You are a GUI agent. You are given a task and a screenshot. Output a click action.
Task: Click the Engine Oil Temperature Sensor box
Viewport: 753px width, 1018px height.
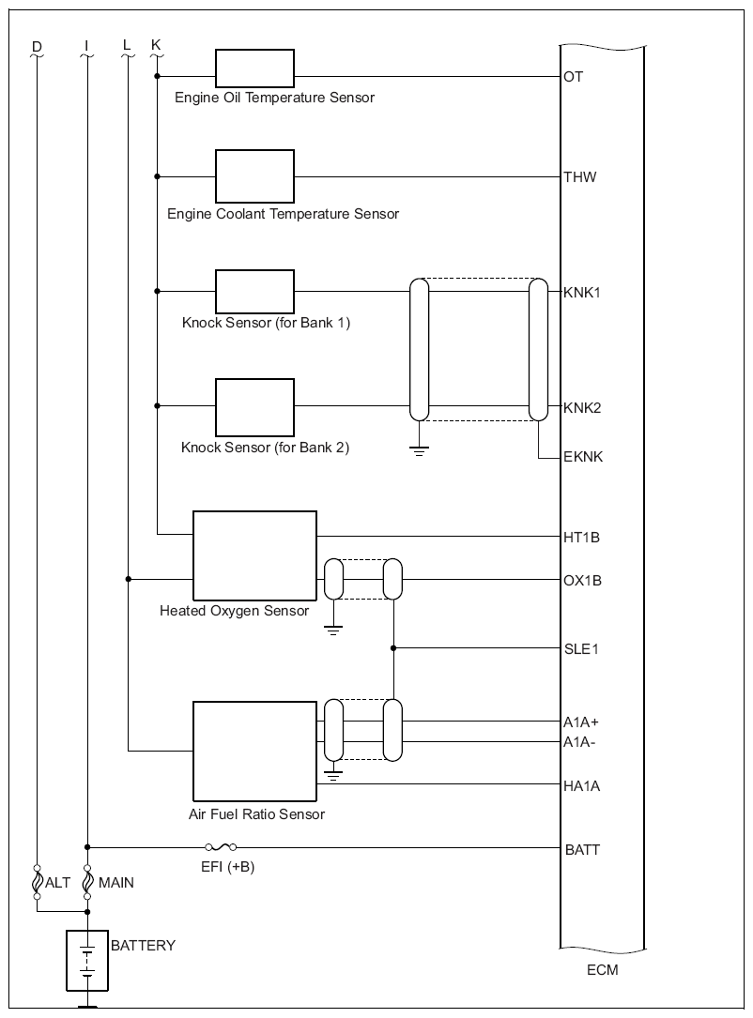pyautogui.click(x=254, y=68)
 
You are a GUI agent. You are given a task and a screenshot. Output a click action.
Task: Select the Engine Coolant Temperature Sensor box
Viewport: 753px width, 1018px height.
pyautogui.click(x=254, y=176)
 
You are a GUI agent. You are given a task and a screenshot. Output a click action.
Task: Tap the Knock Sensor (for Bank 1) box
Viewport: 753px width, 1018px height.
pyautogui.click(x=254, y=292)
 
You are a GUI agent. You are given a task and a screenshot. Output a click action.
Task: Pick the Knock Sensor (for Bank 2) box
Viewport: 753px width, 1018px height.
pyautogui.click(x=254, y=407)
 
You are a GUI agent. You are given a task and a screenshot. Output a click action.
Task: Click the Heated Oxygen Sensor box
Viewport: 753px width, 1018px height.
pyautogui.click(x=254, y=555)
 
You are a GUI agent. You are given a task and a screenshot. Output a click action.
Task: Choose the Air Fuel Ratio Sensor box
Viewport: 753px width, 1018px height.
pyautogui.click(x=254, y=752)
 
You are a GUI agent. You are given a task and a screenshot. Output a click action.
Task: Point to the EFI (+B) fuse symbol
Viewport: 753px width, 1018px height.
pyautogui.click(x=221, y=846)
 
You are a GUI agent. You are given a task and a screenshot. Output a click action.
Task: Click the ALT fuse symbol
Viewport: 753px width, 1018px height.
pyautogui.click(x=37, y=883)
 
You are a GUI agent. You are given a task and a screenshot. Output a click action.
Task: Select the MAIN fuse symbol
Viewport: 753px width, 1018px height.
pyautogui.click(x=87, y=883)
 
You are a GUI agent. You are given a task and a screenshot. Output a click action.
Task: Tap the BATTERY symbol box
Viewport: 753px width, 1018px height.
pyautogui.click(x=87, y=961)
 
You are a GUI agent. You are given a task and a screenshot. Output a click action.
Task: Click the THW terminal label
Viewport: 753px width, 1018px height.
pyautogui.click(x=579, y=176)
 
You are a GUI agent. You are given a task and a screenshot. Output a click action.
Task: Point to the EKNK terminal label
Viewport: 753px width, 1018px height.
pyautogui.click(x=583, y=456)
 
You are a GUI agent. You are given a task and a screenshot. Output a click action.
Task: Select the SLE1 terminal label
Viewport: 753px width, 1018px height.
pyautogui.click(x=581, y=648)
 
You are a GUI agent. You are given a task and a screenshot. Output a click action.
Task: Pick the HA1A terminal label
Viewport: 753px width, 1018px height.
pyautogui.click(x=581, y=786)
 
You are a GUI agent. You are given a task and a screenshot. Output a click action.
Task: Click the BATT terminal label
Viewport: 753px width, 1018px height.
pyautogui.click(x=582, y=849)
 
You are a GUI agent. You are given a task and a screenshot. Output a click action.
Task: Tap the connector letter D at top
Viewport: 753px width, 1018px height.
pyautogui.click(x=37, y=46)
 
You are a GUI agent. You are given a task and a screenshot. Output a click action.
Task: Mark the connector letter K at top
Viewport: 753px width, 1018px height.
pyautogui.click(x=156, y=44)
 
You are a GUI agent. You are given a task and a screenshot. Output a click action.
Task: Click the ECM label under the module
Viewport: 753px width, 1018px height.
pyautogui.click(x=602, y=969)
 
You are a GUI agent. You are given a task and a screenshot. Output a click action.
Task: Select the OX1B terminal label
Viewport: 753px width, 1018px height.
pyautogui.click(x=582, y=580)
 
